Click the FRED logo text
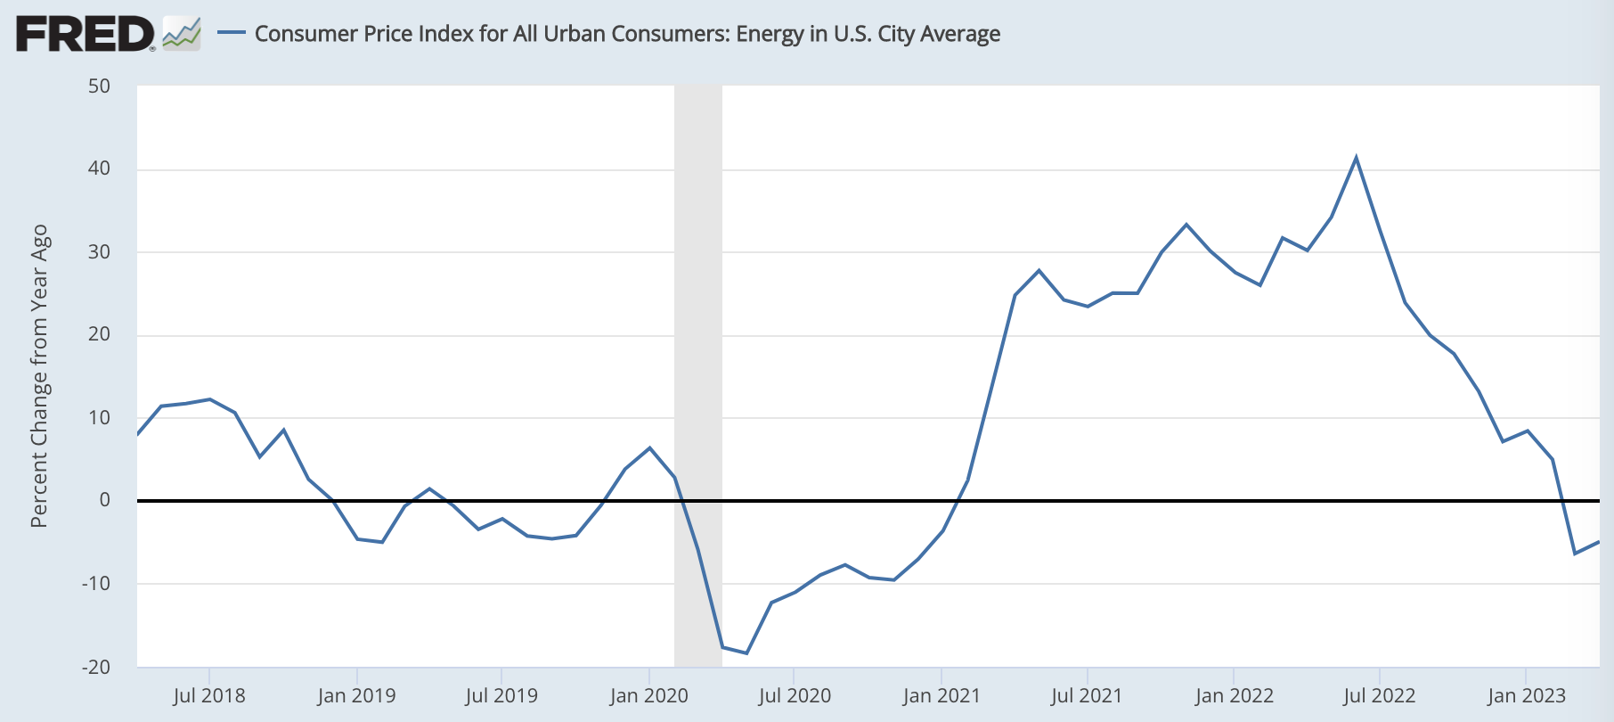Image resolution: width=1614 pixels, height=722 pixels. [x=86, y=34]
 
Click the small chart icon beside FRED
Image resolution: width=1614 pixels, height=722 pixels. [x=182, y=34]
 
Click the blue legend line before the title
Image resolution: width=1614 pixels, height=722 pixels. [x=232, y=33]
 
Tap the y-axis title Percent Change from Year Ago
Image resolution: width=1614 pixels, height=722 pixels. [x=39, y=376]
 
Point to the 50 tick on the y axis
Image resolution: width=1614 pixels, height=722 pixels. [x=100, y=86]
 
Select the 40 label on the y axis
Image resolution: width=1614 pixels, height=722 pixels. [x=100, y=168]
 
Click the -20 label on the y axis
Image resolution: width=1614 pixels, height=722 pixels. [x=96, y=667]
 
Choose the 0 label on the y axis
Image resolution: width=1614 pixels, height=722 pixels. [x=105, y=500]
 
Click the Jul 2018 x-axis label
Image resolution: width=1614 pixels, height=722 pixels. [x=209, y=695]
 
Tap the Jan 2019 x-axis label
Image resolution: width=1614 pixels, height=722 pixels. [x=356, y=695]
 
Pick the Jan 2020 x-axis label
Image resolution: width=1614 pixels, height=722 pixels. [x=649, y=695]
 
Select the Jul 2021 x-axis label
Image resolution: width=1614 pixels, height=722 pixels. [x=1087, y=695]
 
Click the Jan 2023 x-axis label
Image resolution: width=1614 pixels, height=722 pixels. [x=1526, y=695]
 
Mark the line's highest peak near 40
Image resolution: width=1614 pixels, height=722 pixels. [x=1356, y=158]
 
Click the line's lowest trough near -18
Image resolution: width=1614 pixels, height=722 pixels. [x=746, y=653]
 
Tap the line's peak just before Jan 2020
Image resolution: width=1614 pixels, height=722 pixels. [x=649, y=447]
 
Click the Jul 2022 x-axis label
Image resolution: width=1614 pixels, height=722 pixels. [x=1380, y=695]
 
